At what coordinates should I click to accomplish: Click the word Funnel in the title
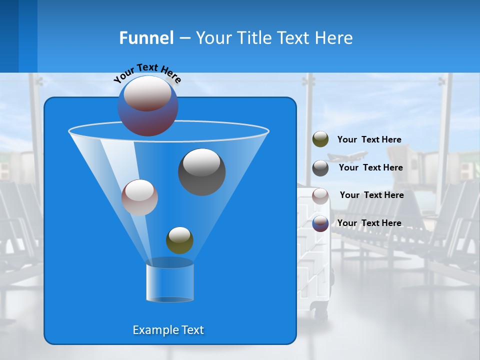146,38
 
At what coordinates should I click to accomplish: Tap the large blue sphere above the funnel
147,105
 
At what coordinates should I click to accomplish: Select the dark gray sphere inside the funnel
202,172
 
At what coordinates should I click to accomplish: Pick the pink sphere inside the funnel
139,197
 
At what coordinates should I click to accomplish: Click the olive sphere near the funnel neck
179,240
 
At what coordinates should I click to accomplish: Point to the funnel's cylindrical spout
170,281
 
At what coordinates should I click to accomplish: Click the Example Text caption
168,330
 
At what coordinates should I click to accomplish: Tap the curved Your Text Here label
147,72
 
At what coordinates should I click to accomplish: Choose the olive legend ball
320,139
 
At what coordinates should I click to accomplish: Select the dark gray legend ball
320,167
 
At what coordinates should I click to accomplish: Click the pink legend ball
320,195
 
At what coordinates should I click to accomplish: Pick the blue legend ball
320,223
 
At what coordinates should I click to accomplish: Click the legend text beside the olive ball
369,140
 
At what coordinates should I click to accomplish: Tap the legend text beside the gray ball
370,168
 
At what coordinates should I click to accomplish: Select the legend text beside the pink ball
371,195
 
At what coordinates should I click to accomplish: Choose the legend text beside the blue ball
369,223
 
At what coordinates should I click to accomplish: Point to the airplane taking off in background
348,156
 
